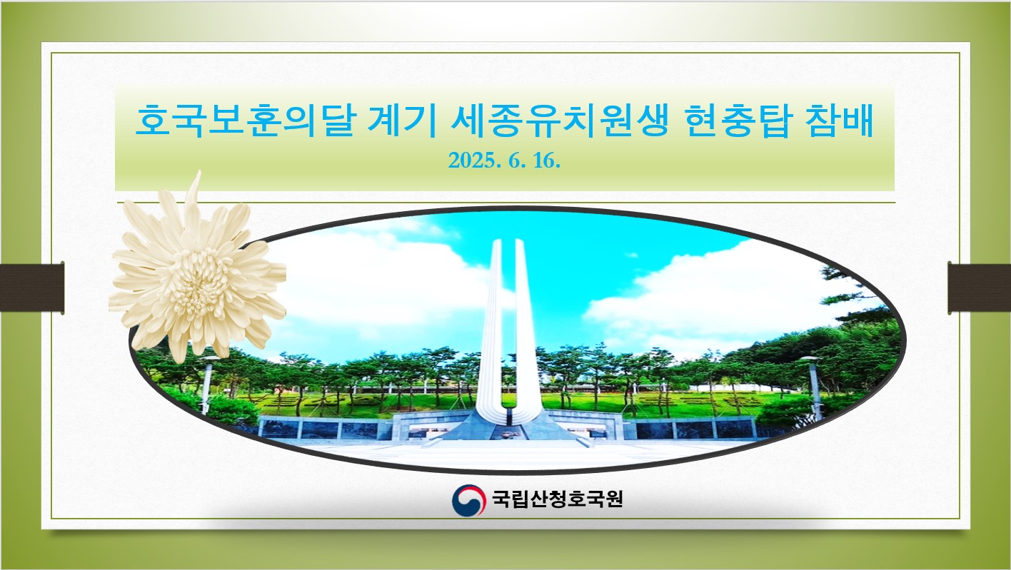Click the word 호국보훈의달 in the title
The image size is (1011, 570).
point(246,121)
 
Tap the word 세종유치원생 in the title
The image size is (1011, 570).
point(559,121)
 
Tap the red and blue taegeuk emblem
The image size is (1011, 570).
point(468,500)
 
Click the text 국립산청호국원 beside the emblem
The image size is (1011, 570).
point(558,499)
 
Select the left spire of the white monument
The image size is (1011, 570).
point(492,325)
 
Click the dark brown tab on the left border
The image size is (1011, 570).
point(32,287)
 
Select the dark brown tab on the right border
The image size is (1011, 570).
point(979,287)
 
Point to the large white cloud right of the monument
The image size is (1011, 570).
point(722,297)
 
